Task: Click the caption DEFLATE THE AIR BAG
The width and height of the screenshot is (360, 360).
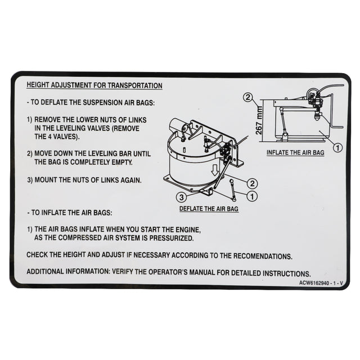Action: (x=209, y=208)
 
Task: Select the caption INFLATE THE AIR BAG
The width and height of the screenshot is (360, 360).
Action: (x=296, y=152)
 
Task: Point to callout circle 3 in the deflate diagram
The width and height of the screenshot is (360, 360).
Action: (x=181, y=197)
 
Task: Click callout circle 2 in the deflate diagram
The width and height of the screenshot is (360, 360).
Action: (x=252, y=183)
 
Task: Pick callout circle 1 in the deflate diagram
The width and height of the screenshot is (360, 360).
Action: (x=252, y=196)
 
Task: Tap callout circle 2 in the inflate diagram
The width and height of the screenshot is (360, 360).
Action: (x=247, y=97)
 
